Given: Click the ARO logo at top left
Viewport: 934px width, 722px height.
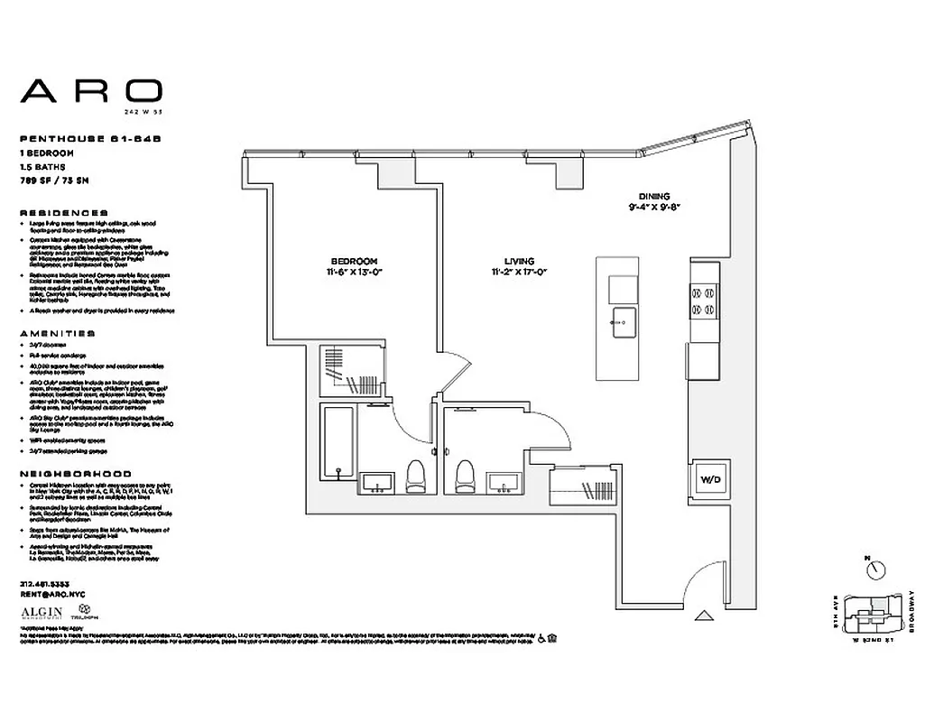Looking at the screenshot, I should pos(91,91).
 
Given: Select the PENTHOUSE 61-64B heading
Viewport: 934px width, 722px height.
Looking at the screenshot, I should pos(69,139).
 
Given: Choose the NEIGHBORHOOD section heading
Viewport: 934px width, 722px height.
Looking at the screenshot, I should pos(75,473).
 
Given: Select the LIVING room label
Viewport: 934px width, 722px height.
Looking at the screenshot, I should pos(520,260).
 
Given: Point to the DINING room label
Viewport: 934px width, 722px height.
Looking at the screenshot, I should pos(653,196).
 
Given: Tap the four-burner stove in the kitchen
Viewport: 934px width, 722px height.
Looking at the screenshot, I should pos(704,301).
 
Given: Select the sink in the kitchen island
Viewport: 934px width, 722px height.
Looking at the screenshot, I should pos(623,319).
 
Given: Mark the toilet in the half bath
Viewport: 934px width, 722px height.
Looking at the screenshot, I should pos(466,475).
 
